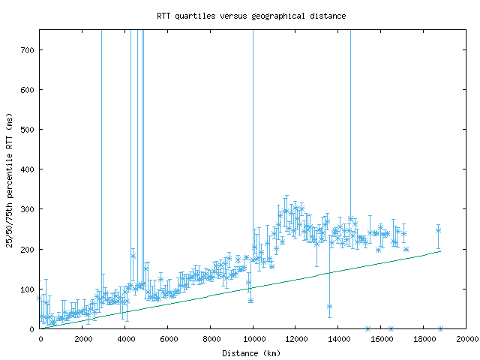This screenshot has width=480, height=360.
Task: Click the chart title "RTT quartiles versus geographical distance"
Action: click(251, 15)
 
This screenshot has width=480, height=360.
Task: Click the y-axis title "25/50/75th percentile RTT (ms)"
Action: click(10, 179)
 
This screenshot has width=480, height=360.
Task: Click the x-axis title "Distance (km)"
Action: click(253, 353)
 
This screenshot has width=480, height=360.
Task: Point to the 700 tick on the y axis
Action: click(28, 50)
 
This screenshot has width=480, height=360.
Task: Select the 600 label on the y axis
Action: click(28, 90)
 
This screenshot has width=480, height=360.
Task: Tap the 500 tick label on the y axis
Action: click(28, 130)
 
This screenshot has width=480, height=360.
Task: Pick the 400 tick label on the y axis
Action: click(28, 169)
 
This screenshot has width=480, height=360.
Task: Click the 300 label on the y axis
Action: click(28, 209)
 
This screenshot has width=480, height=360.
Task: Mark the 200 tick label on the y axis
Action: click(28, 249)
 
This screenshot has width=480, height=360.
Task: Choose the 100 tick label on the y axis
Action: click(28, 289)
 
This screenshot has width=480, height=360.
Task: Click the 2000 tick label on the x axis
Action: click(82, 339)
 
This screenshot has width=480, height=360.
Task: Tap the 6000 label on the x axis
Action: click(167, 339)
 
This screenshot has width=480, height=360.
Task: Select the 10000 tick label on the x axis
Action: click(253, 339)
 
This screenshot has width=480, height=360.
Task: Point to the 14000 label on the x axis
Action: click(338, 339)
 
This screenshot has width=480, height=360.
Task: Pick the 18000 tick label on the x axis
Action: click(423, 339)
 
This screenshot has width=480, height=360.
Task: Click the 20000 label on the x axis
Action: click(466, 339)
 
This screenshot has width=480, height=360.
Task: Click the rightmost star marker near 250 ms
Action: click(438, 230)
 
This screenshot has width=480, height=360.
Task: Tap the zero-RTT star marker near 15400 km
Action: click(367, 328)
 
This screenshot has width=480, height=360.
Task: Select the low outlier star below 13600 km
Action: click(329, 306)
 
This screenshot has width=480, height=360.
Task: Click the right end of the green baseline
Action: click(439, 251)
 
